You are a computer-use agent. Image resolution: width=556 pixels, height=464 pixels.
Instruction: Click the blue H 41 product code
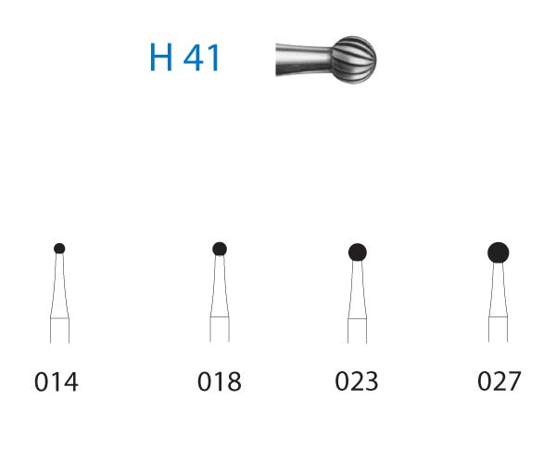[x=184, y=58]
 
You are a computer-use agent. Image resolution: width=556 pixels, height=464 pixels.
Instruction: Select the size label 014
[x=57, y=381]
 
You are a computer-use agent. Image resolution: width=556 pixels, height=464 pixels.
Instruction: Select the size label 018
[x=220, y=381]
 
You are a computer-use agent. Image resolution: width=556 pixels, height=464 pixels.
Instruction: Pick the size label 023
[x=357, y=381]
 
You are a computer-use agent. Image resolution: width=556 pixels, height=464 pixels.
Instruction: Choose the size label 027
[x=499, y=381]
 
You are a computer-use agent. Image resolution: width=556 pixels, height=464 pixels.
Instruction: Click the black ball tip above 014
[x=59, y=248]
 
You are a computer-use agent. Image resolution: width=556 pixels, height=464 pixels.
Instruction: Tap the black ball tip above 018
[x=220, y=248]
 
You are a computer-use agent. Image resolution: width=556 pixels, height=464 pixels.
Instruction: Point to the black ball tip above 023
[x=358, y=251]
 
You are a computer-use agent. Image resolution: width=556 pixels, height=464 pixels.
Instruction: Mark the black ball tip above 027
[x=499, y=251]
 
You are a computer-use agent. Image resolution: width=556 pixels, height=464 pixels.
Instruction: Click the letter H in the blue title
[x=161, y=58]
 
